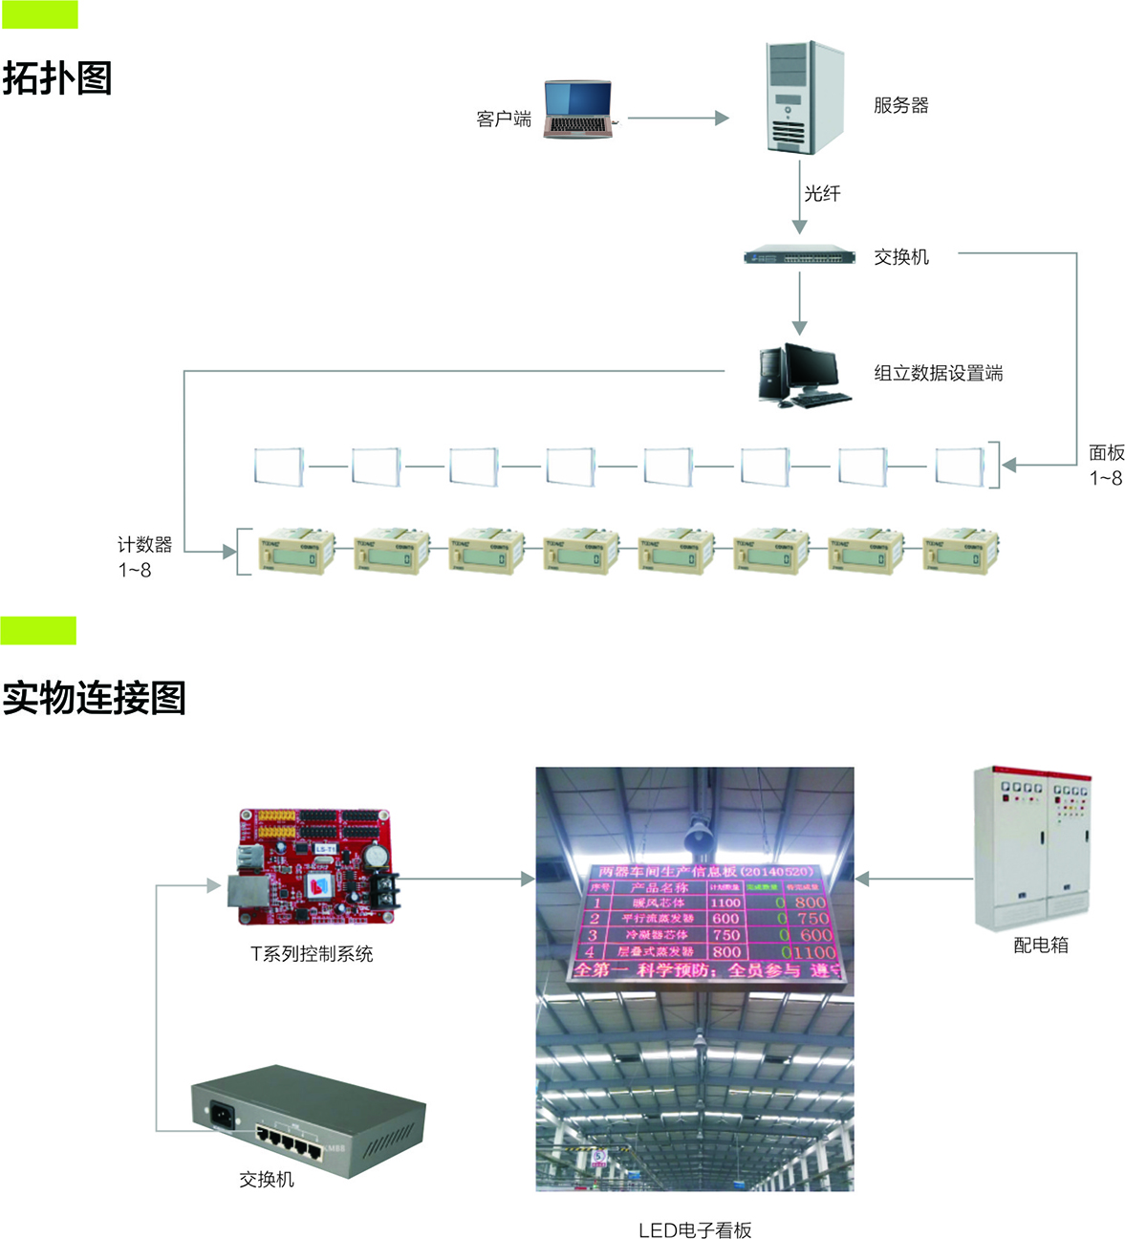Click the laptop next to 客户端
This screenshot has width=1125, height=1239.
point(578,109)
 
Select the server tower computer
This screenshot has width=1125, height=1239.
point(806,97)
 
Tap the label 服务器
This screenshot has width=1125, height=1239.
point(900,105)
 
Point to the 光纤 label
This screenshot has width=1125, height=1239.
point(822,194)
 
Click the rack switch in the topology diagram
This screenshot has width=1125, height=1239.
point(799,256)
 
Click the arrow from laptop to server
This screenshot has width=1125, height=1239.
point(678,118)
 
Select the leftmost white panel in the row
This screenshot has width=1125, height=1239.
point(278,467)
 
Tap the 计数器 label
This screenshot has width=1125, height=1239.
point(144,545)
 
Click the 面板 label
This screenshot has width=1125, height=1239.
point(1106,453)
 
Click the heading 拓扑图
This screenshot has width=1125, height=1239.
point(57,78)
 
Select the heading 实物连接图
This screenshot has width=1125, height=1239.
point(94,698)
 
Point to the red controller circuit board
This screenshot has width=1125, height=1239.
point(314,867)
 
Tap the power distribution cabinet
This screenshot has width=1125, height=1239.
point(1031,847)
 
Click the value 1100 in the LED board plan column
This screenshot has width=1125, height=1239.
point(725,902)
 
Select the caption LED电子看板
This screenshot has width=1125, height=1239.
point(695,1230)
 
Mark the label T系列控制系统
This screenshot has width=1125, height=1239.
point(312,954)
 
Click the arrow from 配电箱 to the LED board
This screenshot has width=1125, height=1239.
point(913,879)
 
